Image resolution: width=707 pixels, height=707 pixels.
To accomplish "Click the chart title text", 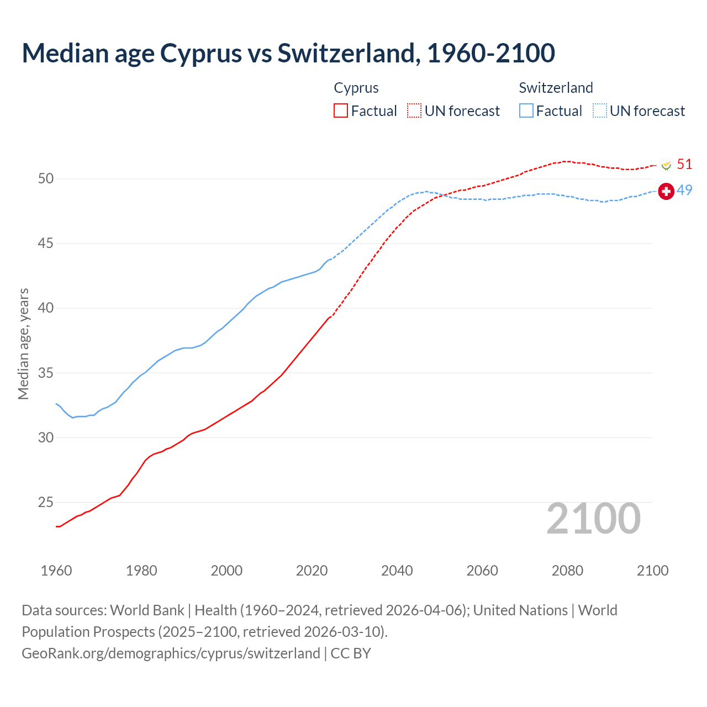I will [x=288, y=54].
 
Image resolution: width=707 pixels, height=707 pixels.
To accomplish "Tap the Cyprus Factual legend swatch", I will [x=341, y=111].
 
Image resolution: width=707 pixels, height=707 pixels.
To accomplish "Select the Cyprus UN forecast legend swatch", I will [x=414, y=111].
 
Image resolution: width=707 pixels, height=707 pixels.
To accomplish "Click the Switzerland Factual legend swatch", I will [x=526, y=111].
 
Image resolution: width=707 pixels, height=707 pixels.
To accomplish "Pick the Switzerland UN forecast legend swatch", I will [x=600, y=111].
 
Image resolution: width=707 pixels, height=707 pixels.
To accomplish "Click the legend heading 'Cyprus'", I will [x=356, y=88].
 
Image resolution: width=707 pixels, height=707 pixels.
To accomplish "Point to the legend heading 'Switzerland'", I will [x=556, y=88].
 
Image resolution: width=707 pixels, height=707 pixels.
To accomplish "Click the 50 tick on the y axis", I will [x=46, y=178].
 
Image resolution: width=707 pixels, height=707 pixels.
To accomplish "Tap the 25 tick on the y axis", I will [x=46, y=502].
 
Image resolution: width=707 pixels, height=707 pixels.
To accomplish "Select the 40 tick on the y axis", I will [x=46, y=308].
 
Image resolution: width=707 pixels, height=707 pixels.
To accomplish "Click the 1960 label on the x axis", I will [x=56, y=571].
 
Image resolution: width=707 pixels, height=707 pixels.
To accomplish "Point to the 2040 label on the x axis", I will [x=397, y=571].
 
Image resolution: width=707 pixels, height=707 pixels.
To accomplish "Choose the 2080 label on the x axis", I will [x=567, y=571].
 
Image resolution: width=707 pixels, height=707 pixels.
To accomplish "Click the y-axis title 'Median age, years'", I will [x=23, y=344].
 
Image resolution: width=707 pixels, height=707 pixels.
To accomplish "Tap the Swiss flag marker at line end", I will [x=666, y=192].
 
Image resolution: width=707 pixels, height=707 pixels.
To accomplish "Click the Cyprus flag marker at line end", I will [x=666, y=165].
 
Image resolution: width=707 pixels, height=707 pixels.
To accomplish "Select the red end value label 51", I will [x=684, y=164].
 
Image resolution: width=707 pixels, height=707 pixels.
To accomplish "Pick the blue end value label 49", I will [x=684, y=190].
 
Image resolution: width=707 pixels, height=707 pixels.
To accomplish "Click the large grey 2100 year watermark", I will [x=593, y=519].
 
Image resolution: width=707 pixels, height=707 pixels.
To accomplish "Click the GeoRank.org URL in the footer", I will [x=171, y=653].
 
